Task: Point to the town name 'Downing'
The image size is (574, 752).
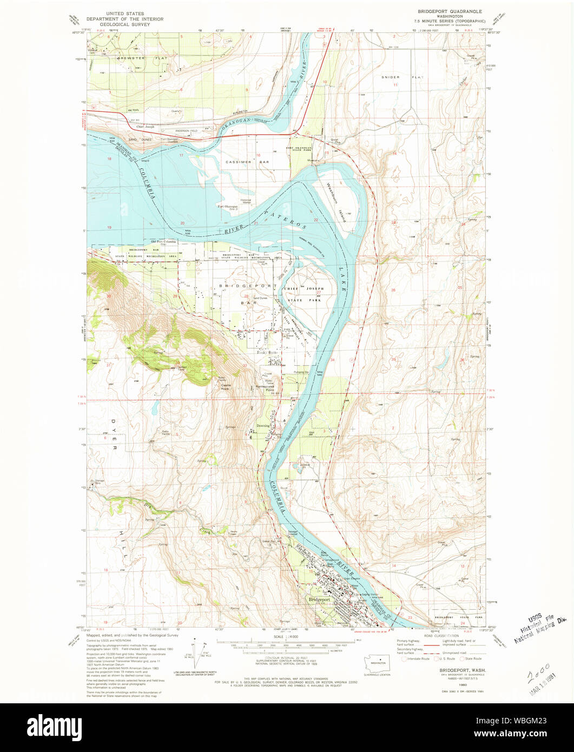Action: (x=263, y=426)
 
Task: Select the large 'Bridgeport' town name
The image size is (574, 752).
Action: (x=319, y=599)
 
